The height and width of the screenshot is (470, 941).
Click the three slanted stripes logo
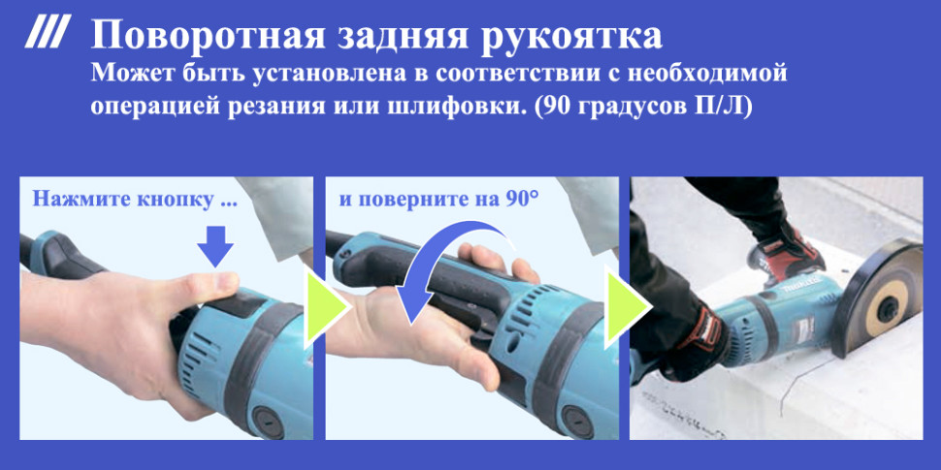coord(46,35)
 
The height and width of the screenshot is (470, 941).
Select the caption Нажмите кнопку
coord(134,201)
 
